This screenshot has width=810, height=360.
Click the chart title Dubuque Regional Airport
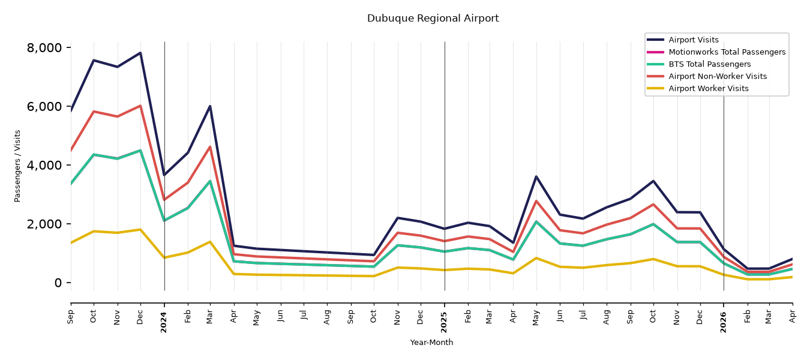pyautogui.click(x=433, y=19)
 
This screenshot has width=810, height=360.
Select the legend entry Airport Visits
pyautogui.click(x=693, y=40)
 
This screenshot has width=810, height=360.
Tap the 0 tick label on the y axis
pyautogui.click(x=58, y=283)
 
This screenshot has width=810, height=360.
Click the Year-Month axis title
pyautogui.click(x=431, y=342)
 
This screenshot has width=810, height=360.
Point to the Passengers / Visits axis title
pyautogui.click(x=17, y=166)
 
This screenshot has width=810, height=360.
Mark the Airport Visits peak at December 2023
pyautogui.click(x=140, y=53)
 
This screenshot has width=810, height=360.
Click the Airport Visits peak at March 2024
pyautogui.click(x=210, y=106)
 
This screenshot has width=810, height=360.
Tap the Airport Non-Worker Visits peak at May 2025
pyautogui.click(x=536, y=201)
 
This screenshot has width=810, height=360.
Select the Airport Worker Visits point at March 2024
pyautogui.click(x=210, y=241)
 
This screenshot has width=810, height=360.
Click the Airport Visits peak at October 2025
pyautogui.click(x=653, y=181)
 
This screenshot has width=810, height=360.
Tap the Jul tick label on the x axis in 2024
pyautogui.click(x=304, y=315)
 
